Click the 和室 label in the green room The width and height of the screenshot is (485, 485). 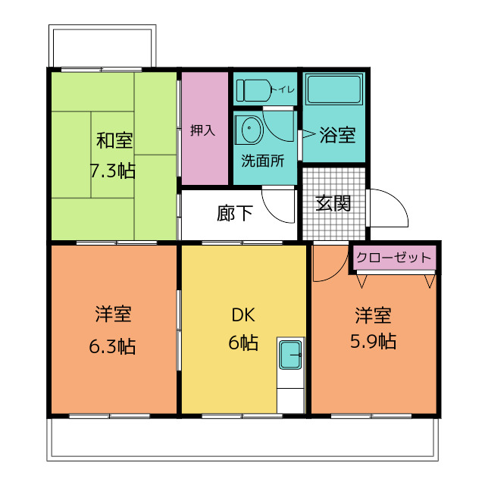point(114,141)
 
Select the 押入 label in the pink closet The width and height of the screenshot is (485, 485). point(203,130)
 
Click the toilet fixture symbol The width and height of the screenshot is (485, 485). point(254,90)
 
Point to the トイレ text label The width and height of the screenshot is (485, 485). point(286,90)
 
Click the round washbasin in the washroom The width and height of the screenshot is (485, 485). point(249,130)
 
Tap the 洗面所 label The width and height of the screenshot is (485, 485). point(263,161)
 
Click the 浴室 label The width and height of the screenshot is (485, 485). point(337,136)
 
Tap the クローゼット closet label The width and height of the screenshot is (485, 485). point(393,258)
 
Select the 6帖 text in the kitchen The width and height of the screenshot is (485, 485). point(242,343)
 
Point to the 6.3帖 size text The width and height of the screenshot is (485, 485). point(113,347)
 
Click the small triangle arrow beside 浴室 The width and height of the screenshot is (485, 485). point(308,136)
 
